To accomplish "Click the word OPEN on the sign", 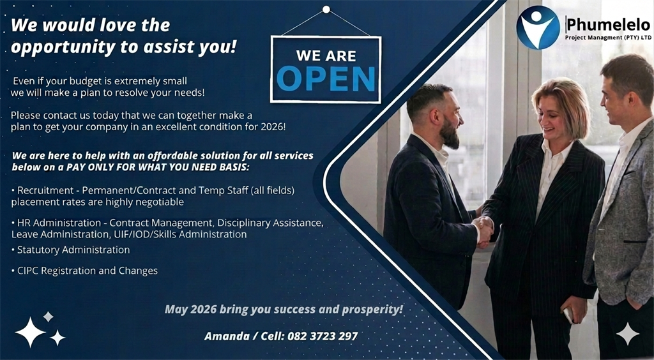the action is coord(326,79).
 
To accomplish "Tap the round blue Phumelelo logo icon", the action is coord(538,27).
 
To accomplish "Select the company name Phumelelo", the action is coord(608,25).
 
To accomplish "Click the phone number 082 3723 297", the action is coord(323,336).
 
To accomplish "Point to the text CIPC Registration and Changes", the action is coord(87,271).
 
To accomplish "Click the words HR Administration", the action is coord(59,223).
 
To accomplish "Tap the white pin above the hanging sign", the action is coord(326,10).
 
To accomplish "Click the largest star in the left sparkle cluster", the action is coord(30,332).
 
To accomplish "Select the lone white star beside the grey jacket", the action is coord(628,334).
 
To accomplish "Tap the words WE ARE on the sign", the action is coord(326,55).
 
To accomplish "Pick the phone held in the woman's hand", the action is coord(568,315).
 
